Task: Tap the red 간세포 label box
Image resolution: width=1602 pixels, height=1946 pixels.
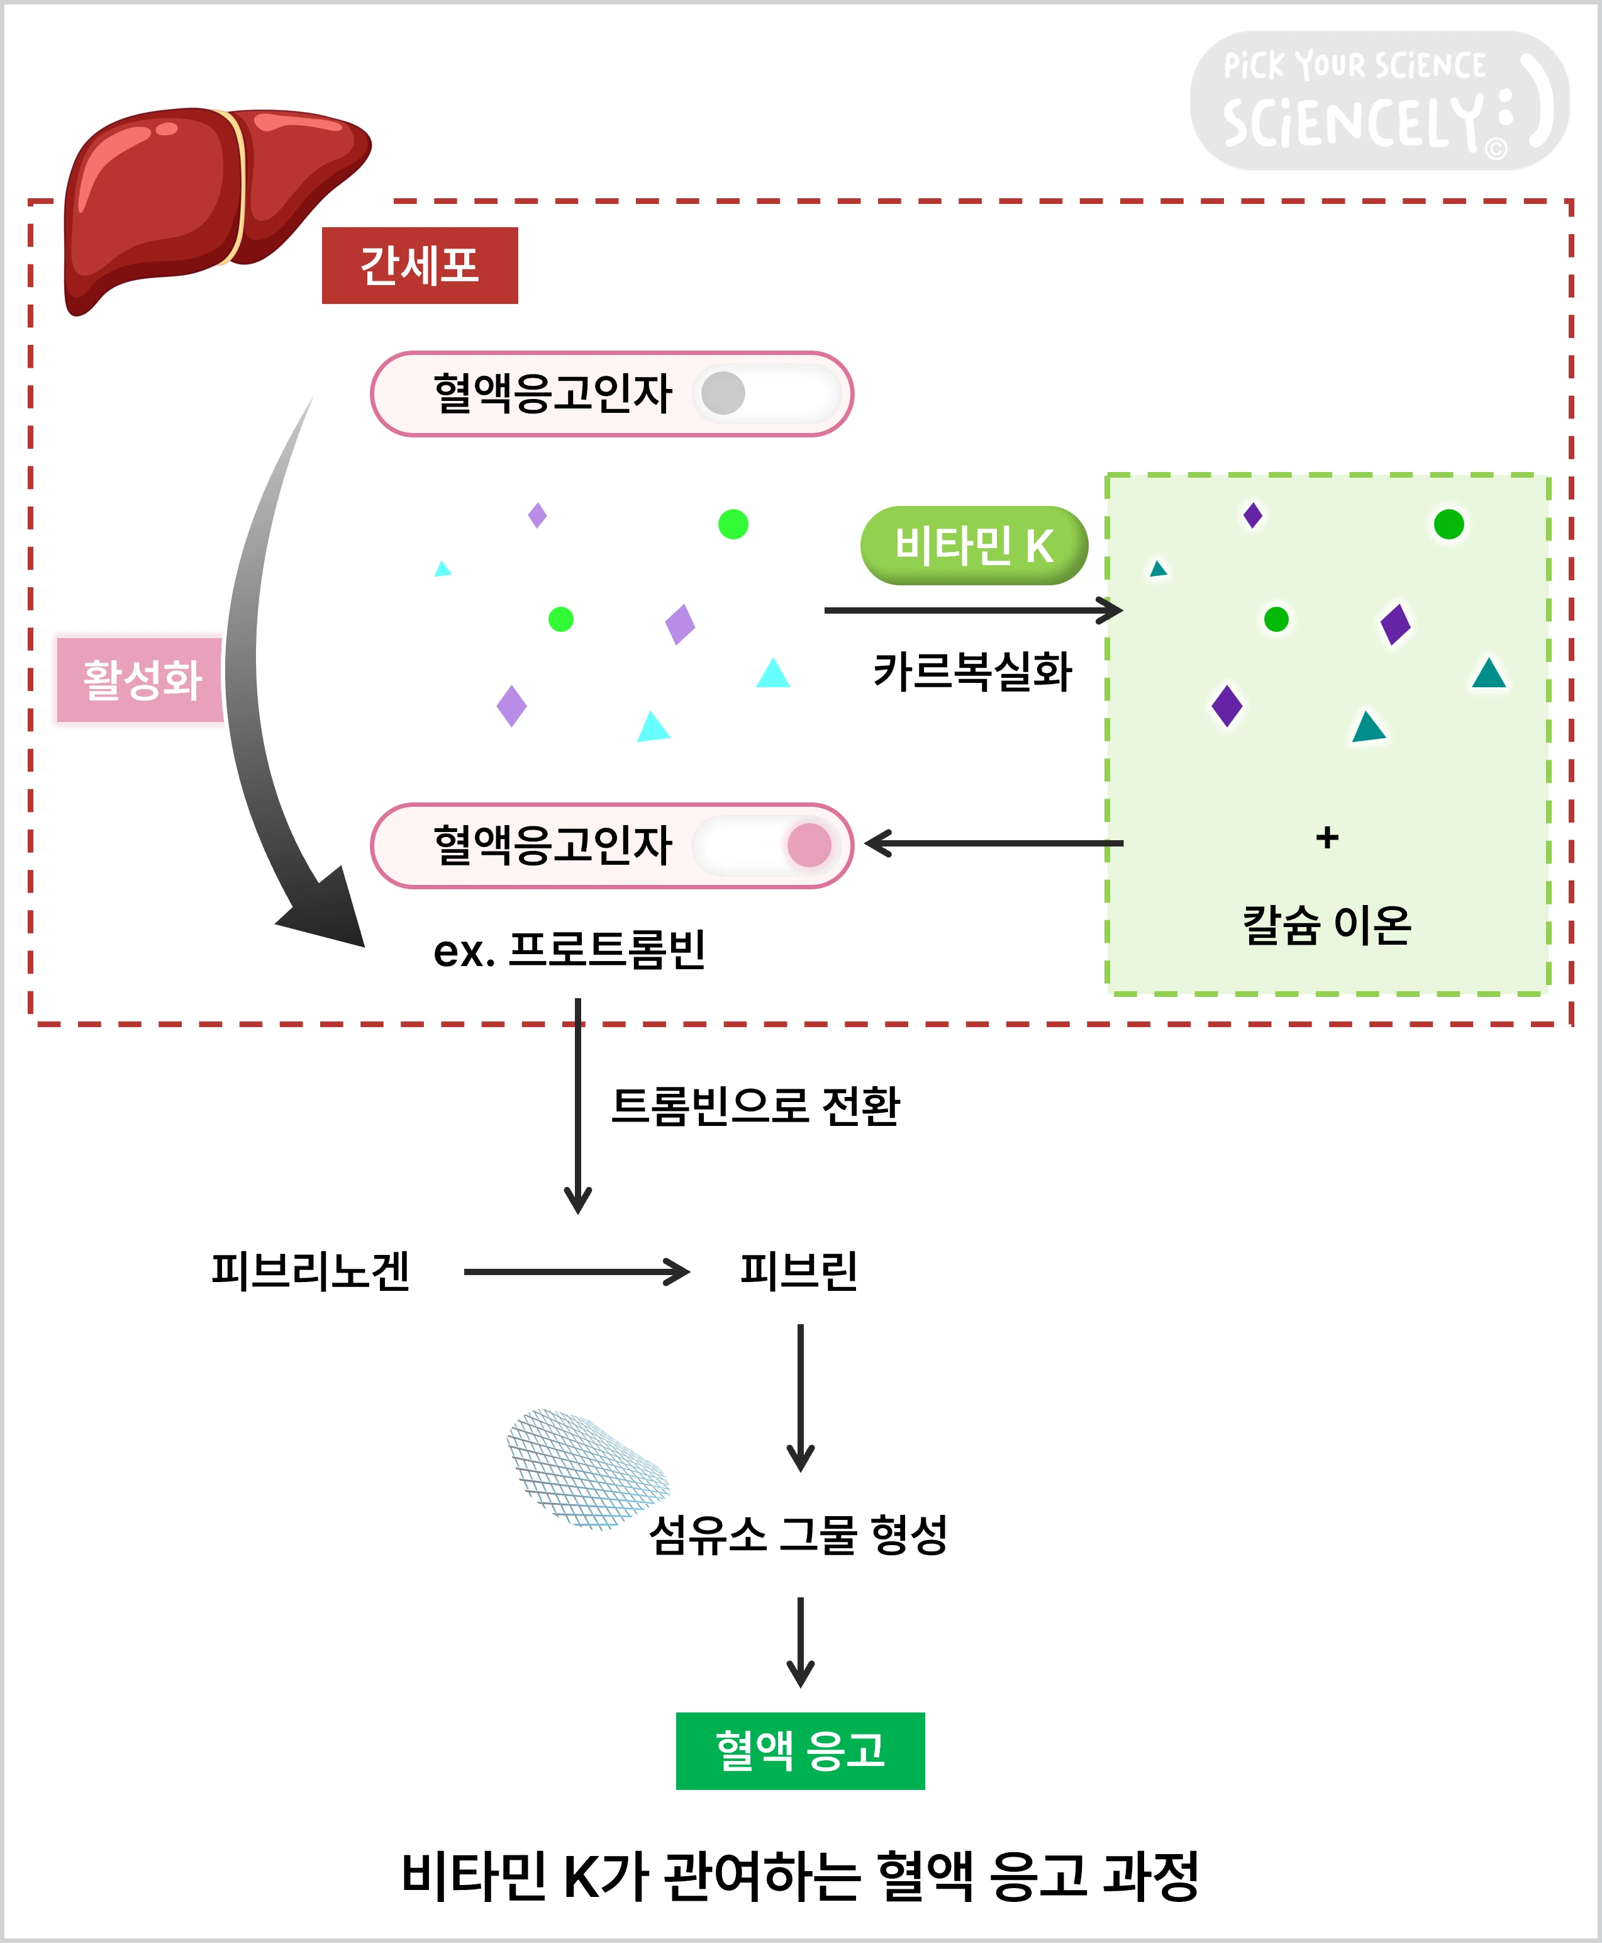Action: [420, 265]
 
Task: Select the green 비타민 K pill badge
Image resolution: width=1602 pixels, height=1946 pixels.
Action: [974, 546]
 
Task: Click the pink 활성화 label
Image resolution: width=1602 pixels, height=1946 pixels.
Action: [140, 680]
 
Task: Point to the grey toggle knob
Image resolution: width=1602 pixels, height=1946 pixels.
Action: [723, 394]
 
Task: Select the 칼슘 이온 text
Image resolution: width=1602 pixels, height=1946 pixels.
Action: [1326, 925]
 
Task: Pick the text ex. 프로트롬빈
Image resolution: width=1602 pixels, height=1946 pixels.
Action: [569, 950]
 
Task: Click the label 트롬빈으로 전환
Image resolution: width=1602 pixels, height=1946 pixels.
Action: [755, 1106]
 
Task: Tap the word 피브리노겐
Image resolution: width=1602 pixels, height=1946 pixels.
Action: [310, 1271]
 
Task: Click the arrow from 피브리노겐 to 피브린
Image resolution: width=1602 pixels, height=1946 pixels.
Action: [577, 1272]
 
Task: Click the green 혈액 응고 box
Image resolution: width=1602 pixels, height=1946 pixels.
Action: [800, 1750]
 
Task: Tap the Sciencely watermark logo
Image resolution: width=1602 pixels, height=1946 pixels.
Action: [1379, 101]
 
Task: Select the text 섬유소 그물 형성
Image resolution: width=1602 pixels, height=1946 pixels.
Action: [798, 1535]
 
